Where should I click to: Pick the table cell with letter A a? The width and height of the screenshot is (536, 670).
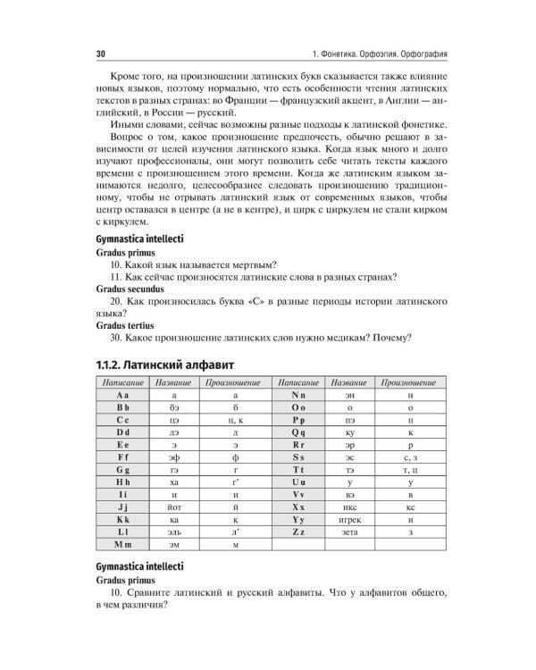tap(123, 394)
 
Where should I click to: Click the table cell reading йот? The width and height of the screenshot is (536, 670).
tap(177, 507)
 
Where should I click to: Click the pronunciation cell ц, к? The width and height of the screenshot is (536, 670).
tap(235, 419)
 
